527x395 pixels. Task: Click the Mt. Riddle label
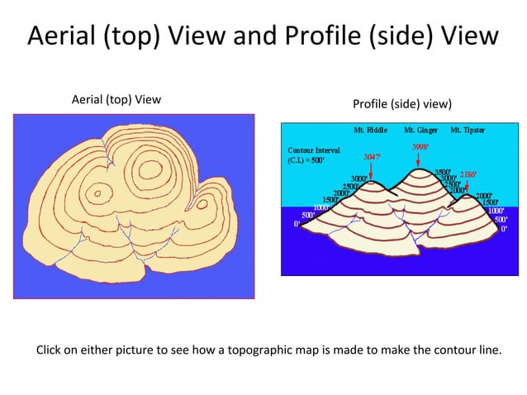pos(370,131)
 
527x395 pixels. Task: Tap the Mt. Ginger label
pos(420,131)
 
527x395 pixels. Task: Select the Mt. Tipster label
pos(468,131)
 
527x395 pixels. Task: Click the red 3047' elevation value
pos(373,155)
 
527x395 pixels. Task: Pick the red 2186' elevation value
pos(468,175)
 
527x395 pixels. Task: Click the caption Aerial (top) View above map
pos(116,100)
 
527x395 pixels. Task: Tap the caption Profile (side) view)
pos(402,104)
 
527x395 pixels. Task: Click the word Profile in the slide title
pos(321,37)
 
